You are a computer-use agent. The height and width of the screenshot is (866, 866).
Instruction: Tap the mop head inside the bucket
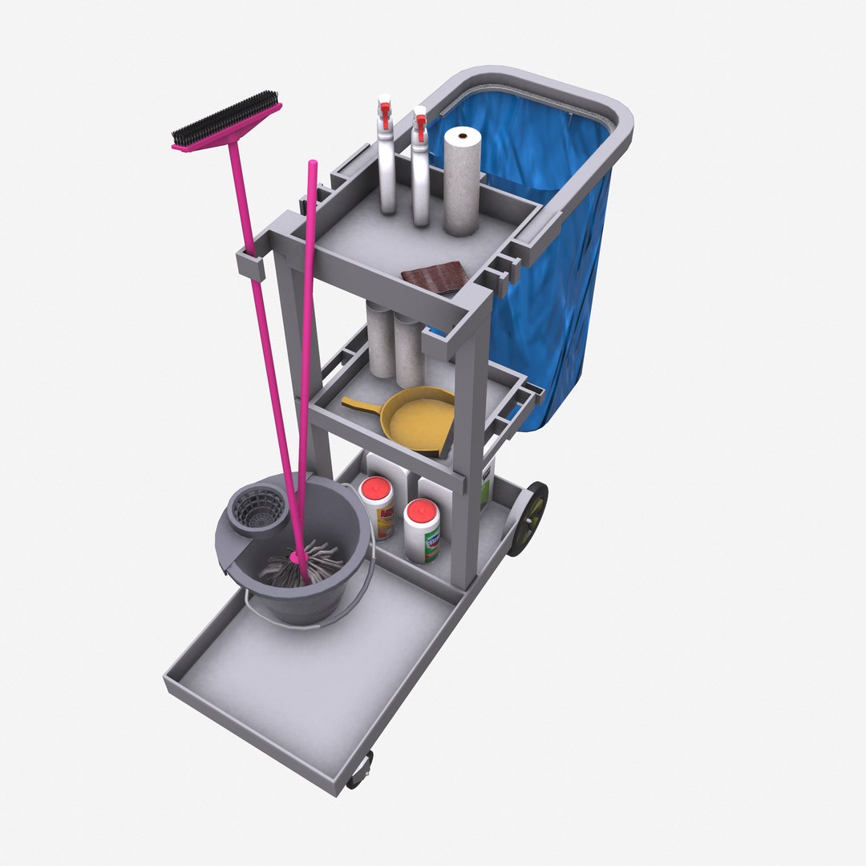301,565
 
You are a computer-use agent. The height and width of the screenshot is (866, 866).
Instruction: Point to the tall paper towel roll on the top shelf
462,180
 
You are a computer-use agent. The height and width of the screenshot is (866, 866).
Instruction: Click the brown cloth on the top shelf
435,277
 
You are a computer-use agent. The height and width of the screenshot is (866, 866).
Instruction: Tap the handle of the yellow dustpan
361,403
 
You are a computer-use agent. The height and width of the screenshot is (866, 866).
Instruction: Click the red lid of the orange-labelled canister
374,488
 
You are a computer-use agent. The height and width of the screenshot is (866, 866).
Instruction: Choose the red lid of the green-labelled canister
421,510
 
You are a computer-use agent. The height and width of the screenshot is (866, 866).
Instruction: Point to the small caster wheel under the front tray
359,770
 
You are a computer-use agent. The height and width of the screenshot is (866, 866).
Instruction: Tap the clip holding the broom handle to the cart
250,265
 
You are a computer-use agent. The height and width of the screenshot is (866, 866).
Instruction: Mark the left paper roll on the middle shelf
380,341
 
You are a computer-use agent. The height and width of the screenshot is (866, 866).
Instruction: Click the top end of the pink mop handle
312,167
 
